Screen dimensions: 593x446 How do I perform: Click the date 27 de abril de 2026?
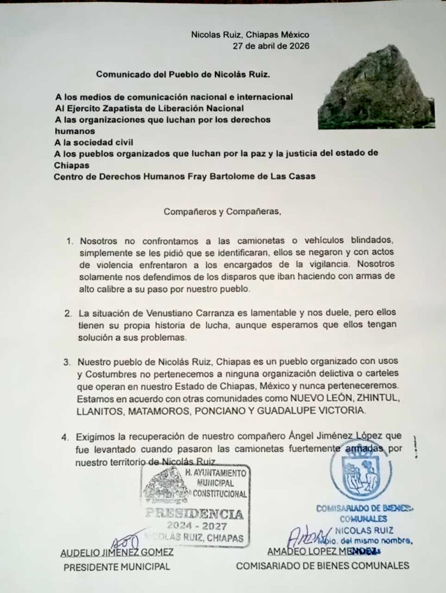tap(270, 46)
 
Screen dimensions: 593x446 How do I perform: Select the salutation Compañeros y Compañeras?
tap(222, 211)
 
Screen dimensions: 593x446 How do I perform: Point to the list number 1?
tap(69, 240)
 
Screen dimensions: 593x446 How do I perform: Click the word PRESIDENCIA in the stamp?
tap(194, 514)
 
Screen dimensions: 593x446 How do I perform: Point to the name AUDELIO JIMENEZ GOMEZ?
tap(117, 552)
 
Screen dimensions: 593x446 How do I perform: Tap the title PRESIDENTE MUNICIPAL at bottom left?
tap(116, 566)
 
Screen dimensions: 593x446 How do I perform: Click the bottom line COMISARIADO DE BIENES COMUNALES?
tap(322, 566)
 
